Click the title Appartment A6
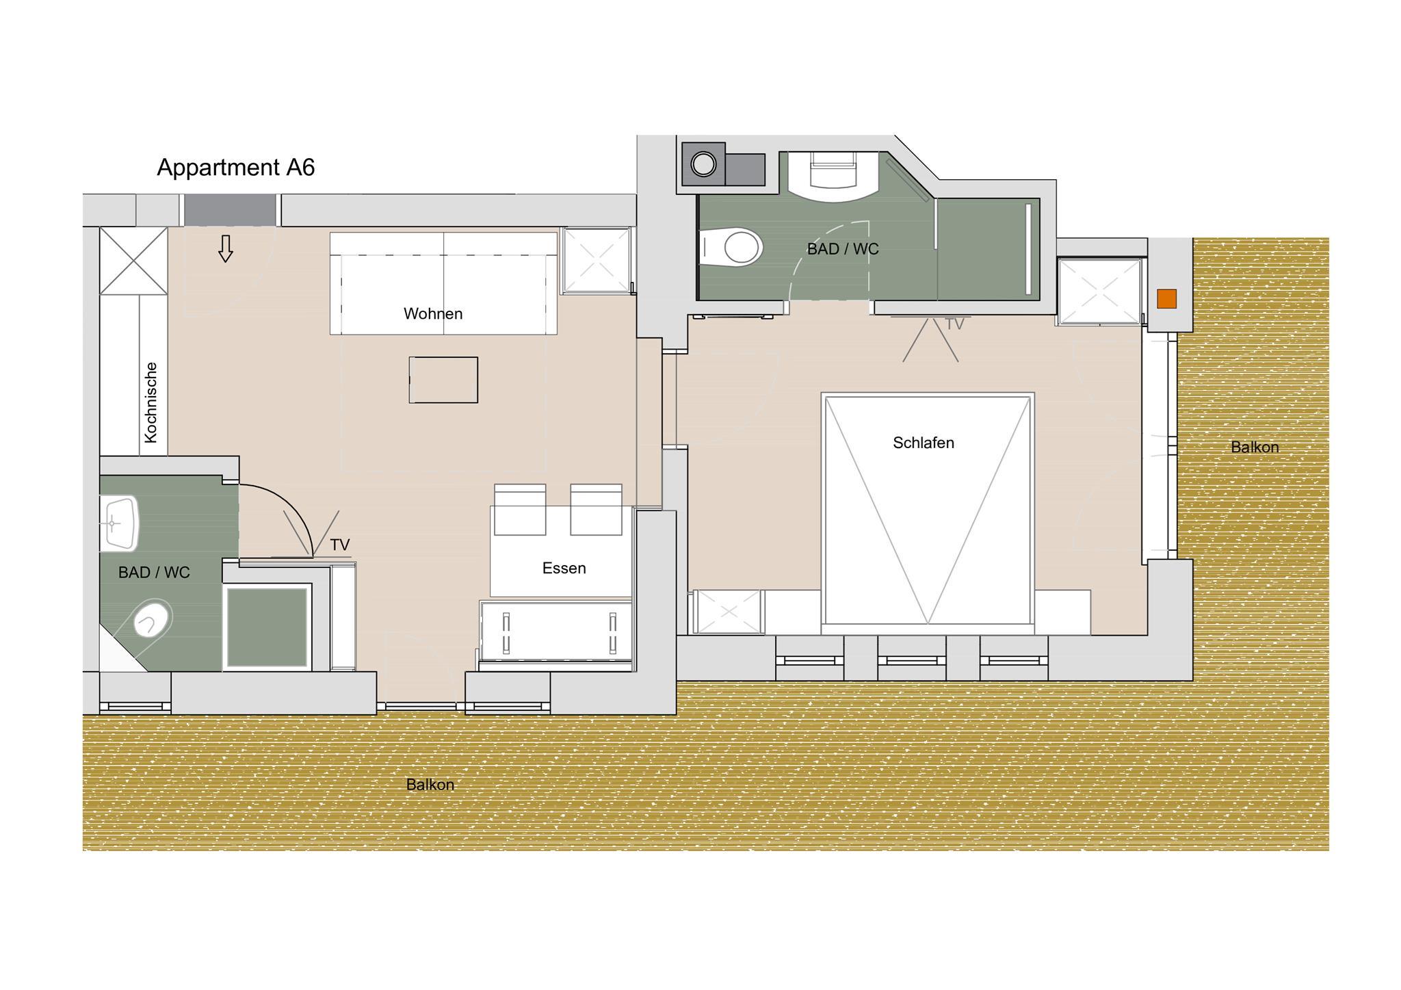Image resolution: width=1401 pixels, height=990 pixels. [236, 168]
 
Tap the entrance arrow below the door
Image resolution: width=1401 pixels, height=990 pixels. [226, 249]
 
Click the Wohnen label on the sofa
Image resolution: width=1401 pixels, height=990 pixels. [433, 314]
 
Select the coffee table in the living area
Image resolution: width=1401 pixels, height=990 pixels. [443, 380]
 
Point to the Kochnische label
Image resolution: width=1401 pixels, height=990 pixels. [151, 402]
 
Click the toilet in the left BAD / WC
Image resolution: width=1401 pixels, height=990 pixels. [152, 619]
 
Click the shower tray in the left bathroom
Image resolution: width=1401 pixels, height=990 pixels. [267, 627]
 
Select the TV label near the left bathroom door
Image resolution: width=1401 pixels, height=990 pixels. [340, 545]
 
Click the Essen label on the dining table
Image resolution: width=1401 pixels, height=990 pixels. [564, 569]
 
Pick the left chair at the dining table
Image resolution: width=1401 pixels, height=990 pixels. [520, 509]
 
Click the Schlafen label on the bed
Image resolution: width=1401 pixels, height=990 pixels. [924, 443]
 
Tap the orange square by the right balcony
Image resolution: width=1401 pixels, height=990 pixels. [1166, 299]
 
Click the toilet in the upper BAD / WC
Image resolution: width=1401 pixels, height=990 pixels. [731, 246]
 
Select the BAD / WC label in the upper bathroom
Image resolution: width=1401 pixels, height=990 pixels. [843, 249]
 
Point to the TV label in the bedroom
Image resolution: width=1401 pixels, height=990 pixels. [954, 324]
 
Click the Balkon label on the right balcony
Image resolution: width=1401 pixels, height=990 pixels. [1255, 447]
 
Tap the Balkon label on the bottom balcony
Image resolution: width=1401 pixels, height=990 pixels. [430, 785]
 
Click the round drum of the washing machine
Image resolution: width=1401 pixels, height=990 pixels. [703, 164]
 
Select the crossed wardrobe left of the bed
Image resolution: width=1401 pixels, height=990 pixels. [728, 612]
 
